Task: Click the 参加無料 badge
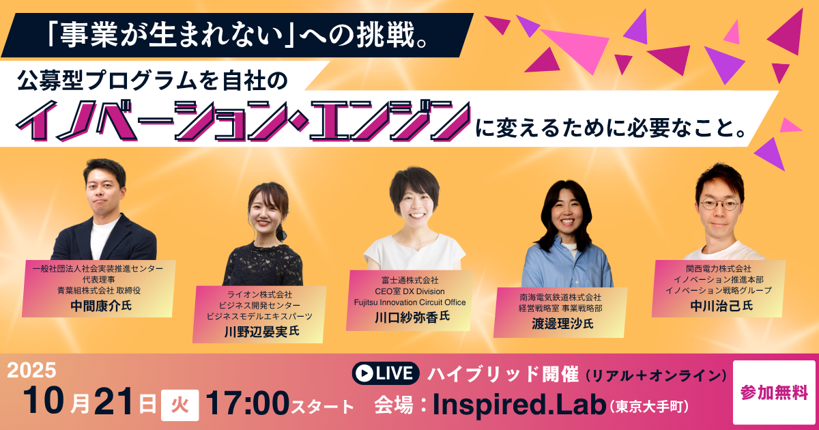(x=774, y=392)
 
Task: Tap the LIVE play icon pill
(x=386, y=373)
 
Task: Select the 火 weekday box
(x=180, y=405)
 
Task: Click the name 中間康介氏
(x=101, y=306)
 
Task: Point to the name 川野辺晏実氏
(x=262, y=331)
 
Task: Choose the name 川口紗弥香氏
(x=412, y=317)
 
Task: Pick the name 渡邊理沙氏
(x=562, y=324)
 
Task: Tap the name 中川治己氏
(x=721, y=306)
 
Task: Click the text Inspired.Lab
(x=519, y=405)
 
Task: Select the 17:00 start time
(x=247, y=403)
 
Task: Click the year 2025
(x=32, y=370)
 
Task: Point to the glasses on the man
(x=719, y=204)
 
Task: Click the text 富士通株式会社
(x=410, y=281)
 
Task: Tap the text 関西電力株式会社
(x=719, y=268)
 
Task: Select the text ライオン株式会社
(x=259, y=294)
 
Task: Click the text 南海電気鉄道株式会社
(x=560, y=298)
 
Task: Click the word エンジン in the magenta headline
(x=390, y=121)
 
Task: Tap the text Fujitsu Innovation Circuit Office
(x=410, y=302)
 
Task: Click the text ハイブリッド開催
(x=503, y=374)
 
